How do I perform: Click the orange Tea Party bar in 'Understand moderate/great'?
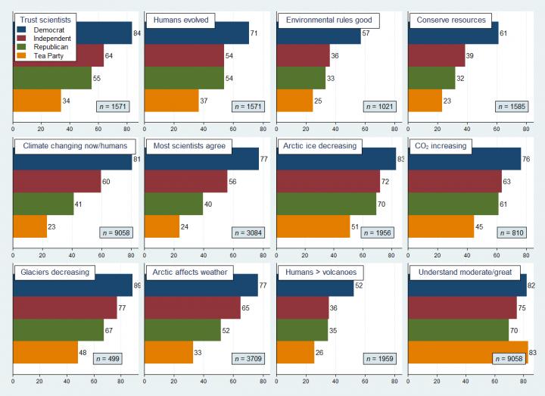468,352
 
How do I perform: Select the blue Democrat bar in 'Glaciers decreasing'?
73,285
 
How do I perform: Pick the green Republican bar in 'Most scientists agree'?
173,203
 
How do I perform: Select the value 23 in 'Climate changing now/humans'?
54,226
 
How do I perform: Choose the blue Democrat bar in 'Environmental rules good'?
318,33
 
